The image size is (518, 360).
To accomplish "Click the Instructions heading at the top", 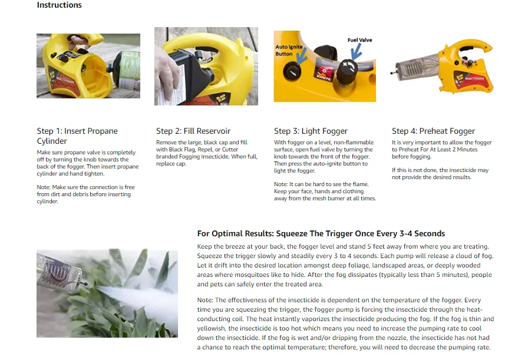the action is (x=59, y=5).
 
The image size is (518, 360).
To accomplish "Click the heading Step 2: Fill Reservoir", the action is (x=193, y=131).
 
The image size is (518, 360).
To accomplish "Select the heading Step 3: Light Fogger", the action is (x=311, y=131).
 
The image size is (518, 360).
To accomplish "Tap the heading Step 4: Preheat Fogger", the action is (x=433, y=131).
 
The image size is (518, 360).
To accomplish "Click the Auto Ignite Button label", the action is (x=289, y=50).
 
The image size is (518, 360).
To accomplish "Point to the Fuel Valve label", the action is (x=359, y=40).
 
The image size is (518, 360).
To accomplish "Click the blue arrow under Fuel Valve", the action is (x=356, y=51).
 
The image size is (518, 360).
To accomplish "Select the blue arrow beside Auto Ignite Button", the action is (x=302, y=56).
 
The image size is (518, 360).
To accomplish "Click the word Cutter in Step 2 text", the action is (x=230, y=149).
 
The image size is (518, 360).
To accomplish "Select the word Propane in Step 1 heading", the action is (x=102, y=131).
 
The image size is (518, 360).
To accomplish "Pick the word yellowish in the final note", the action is (x=212, y=328).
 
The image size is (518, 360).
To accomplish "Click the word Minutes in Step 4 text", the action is (x=467, y=149).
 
